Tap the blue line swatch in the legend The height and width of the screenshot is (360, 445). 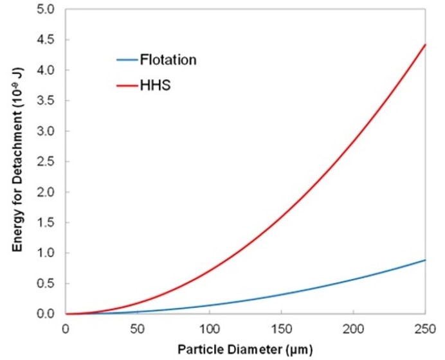[x=125, y=60]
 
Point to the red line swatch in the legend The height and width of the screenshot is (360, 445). [x=125, y=84]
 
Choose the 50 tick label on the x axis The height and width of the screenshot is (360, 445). [x=137, y=328]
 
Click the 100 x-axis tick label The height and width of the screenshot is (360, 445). [x=209, y=328]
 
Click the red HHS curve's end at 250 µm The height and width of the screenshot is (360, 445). [x=425, y=45]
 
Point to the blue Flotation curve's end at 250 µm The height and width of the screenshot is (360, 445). [x=425, y=260]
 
